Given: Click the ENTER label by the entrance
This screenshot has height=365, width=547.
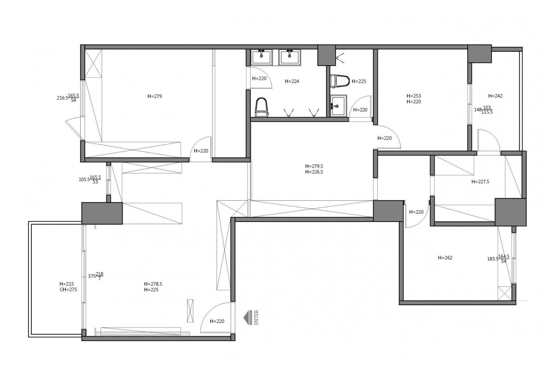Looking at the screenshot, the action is (x=256, y=318).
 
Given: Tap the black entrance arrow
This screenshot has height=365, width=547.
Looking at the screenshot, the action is (x=248, y=318).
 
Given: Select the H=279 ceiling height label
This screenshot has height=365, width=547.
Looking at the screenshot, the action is (x=155, y=96).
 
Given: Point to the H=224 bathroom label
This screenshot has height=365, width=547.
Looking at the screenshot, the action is (x=292, y=81).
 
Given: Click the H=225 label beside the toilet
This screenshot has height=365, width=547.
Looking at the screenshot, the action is (x=359, y=81).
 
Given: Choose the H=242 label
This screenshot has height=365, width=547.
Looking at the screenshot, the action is (x=495, y=96).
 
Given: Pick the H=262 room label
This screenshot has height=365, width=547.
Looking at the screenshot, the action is (x=445, y=258).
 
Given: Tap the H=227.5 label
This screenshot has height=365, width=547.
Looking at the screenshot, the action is (x=480, y=182).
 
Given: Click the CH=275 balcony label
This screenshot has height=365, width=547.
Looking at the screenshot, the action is (x=69, y=290).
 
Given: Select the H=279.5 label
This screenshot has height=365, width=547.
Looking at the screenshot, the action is (x=314, y=166).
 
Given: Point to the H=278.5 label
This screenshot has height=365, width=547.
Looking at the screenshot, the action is (x=153, y=284).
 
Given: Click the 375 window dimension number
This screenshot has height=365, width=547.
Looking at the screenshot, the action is (x=92, y=276).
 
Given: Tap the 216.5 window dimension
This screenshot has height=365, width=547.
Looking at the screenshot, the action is (x=62, y=98).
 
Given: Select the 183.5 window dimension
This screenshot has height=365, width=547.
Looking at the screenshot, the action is (x=493, y=259).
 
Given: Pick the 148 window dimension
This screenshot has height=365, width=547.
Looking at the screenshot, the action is (x=478, y=110).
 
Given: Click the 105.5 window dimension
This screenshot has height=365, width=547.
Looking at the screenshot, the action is (x=84, y=180).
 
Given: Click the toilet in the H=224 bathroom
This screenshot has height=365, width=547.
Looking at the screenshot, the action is (x=262, y=107).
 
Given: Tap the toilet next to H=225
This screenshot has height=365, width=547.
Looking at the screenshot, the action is (x=340, y=81).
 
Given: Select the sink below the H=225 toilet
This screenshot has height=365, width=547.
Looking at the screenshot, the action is (x=338, y=105).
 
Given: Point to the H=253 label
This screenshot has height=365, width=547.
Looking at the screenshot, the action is (x=414, y=96).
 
